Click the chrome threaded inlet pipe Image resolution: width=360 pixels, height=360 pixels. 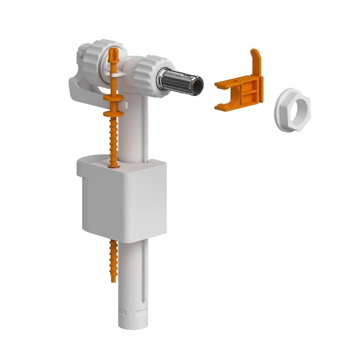[x=179, y=80]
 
